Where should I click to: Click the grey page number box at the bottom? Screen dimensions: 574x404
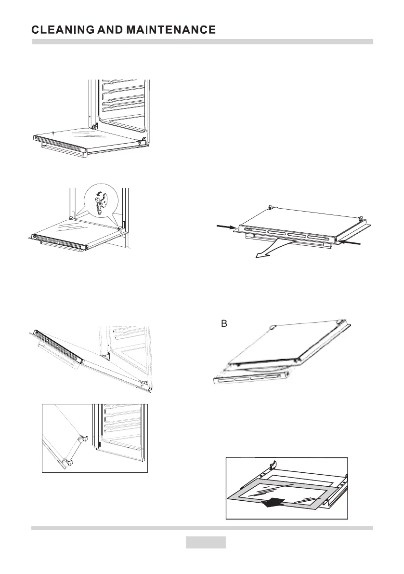pyautogui.click(x=206, y=542)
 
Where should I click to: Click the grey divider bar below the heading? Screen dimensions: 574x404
pyautogui.click(x=202, y=42)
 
